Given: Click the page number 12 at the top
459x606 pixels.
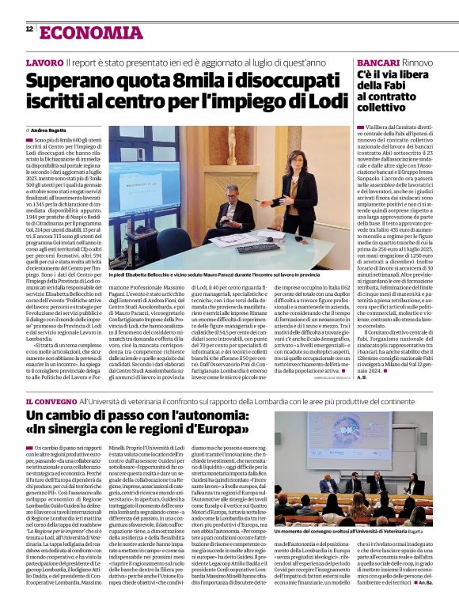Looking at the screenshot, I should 28,29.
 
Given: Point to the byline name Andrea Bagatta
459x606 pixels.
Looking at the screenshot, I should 50,129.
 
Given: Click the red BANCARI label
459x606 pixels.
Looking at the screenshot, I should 378,62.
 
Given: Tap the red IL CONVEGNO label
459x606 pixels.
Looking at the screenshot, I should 51,401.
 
